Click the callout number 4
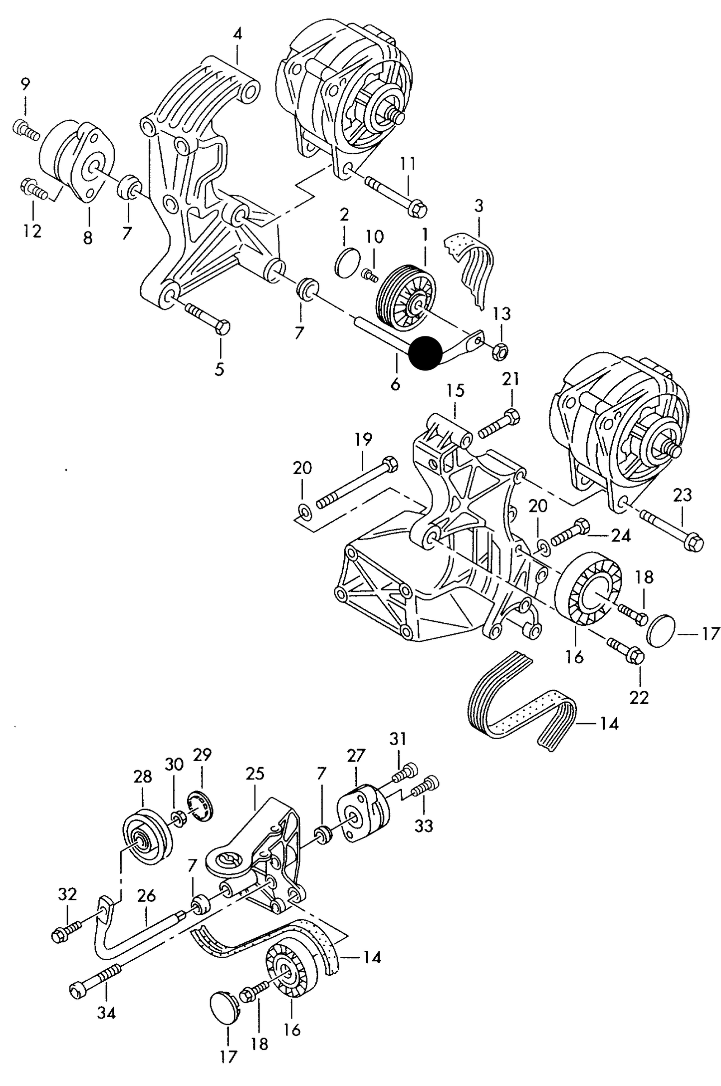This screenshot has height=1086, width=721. pyautogui.click(x=238, y=34)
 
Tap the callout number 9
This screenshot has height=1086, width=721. pyautogui.click(x=25, y=83)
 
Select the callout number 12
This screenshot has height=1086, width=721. pyautogui.click(x=32, y=232)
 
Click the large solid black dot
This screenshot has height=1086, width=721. pyautogui.click(x=425, y=353)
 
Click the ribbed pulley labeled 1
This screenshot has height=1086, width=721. pyautogui.click(x=405, y=297)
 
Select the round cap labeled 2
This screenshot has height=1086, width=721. pyautogui.click(x=346, y=262)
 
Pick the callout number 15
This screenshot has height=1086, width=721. pyautogui.click(x=455, y=390)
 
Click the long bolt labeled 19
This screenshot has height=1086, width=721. pyautogui.click(x=357, y=481)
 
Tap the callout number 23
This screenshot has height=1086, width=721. pyautogui.click(x=682, y=495)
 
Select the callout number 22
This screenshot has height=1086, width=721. pyautogui.click(x=639, y=697)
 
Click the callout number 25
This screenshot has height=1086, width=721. pyautogui.click(x=254, y=774)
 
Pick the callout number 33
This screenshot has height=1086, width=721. pyautogui.click(x=423, y=826)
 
